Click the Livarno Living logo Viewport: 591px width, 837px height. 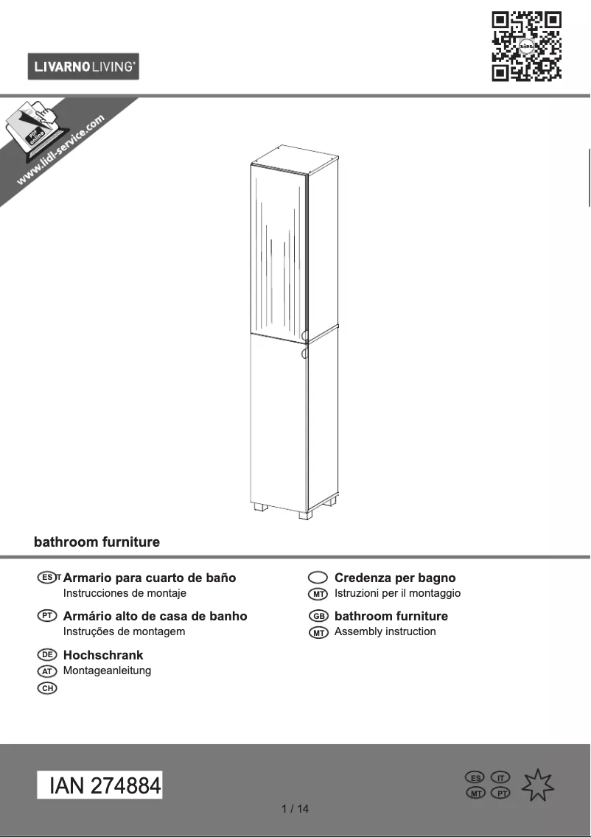[x=83, y=67]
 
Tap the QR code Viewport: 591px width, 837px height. [x=526, y=46]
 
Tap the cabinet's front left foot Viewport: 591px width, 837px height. [x=260, y=508]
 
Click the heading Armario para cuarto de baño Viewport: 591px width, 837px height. [x=150, y=578]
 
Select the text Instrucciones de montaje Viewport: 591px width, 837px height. [x=125, y=593]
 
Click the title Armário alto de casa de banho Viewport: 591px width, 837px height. [x=155, y=616]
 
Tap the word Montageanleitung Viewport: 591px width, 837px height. [x=107, y=670]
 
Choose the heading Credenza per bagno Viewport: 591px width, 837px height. [x=395, y=578]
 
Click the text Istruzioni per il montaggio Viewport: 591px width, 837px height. [x=397, y=593]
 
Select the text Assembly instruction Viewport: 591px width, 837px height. [x=385, y=631]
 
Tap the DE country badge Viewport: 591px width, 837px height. [x=47, y=655]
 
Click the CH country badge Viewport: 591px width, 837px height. [x=47, y=688]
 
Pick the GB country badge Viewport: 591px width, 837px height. [x=318, y=616]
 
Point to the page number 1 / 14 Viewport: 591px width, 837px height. [x=295, y=809]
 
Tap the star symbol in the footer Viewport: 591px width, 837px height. [x=539, y=786]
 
